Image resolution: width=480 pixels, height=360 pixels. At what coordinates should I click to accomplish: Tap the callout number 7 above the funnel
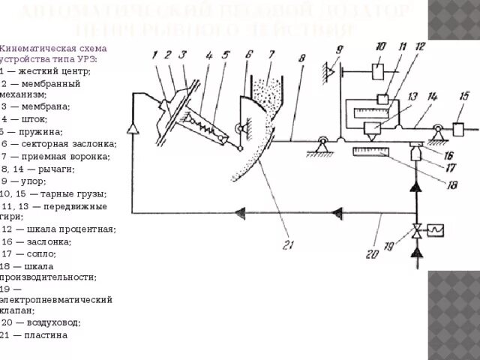[271, 54]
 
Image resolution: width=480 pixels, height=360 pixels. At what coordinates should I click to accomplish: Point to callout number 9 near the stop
[338, 49]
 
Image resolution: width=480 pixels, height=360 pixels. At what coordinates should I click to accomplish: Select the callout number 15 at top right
[465, 95]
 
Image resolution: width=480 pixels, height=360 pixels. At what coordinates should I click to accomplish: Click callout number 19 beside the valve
[387, 245]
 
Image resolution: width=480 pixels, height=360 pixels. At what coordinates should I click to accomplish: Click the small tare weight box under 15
[459, 129]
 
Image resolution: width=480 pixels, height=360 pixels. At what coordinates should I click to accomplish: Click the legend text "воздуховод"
[52, 323]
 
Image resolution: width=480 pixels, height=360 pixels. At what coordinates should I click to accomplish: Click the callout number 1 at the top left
[154, 54]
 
